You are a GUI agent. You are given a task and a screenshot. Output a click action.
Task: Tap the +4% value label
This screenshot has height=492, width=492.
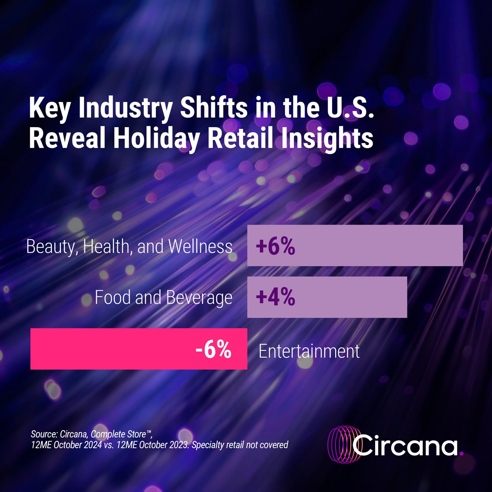[275, 298]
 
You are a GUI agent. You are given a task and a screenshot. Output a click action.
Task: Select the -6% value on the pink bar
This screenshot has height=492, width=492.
[213, 351]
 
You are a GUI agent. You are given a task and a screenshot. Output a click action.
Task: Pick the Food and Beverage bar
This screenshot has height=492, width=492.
[348, 298]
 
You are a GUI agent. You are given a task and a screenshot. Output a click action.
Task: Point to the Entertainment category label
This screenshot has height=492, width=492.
[309, 351]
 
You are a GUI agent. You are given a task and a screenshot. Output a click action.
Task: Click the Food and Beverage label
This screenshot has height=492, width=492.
[163, 297]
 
